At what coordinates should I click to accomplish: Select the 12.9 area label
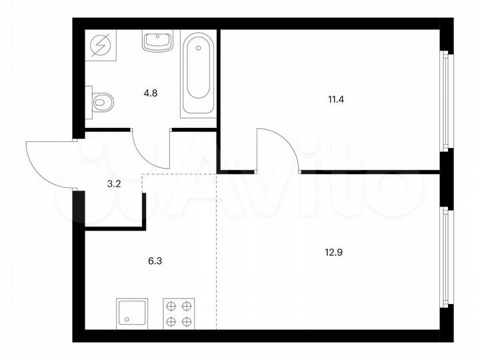[335, 253]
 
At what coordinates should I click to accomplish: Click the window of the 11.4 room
[446, 100]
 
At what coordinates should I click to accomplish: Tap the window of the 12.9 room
[446, 257]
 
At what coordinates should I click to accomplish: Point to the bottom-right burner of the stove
[188, 322]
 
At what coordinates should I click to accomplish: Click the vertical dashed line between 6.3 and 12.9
[217, 253]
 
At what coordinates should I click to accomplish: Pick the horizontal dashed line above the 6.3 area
[180, 175]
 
